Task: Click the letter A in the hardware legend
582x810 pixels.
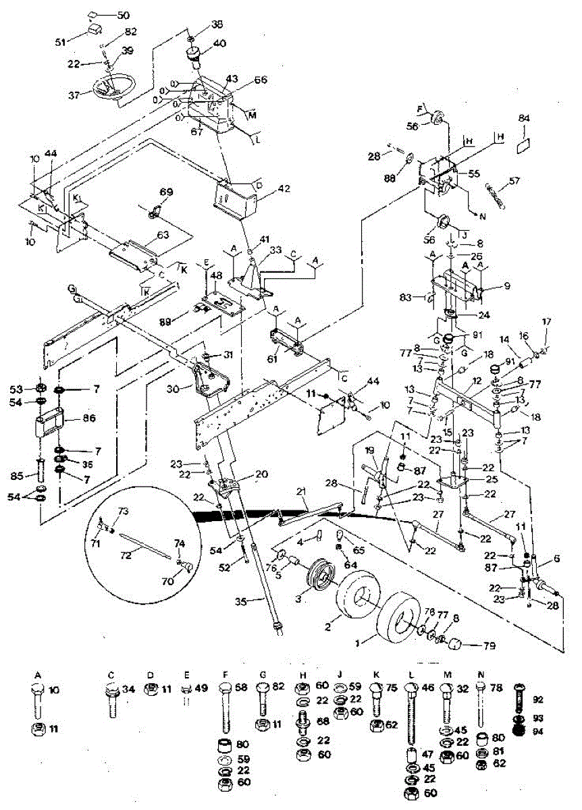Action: pyautogui.click(x=38, y=674)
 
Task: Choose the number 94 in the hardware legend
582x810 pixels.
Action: pyautogui.click(x=539, y=732)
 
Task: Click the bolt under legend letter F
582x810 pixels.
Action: pyautogui.click(x=226, y=705)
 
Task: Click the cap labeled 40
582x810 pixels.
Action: pyautogui.click(x=194, y=55)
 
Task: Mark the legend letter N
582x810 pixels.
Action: pyautogui.click(x=480, y=674)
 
